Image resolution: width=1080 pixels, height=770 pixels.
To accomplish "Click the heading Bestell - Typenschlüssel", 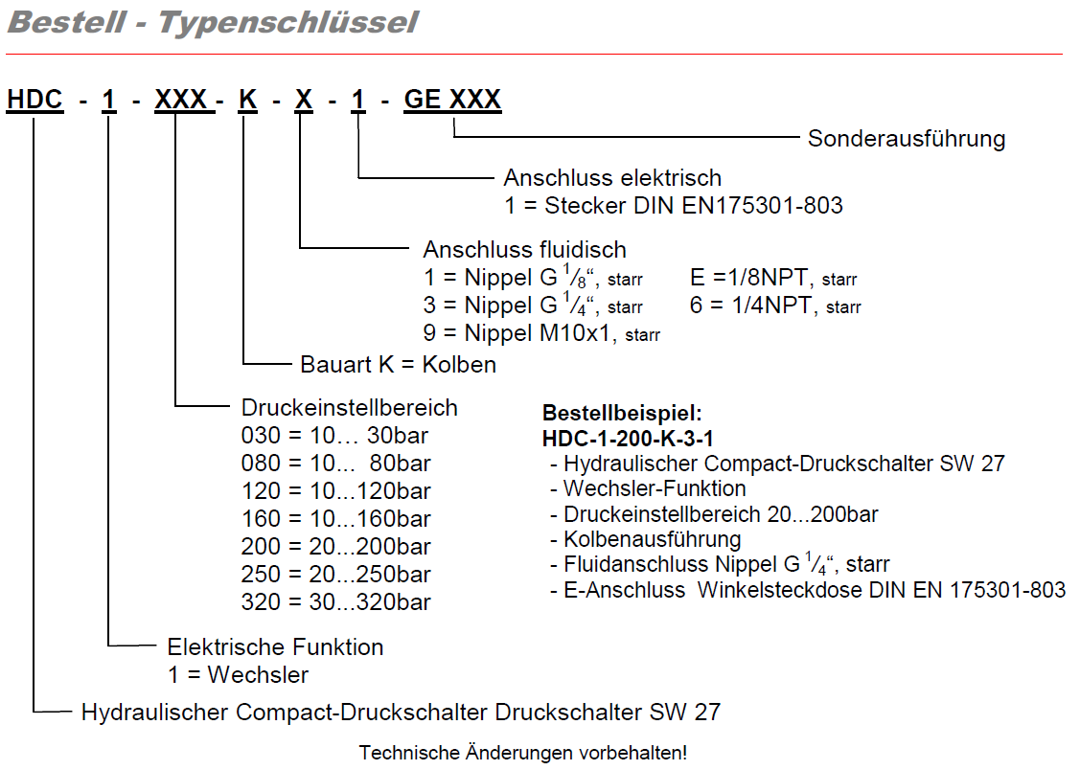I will tap(212, 23).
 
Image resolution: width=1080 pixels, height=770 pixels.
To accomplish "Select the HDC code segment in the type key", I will tap(34, 100).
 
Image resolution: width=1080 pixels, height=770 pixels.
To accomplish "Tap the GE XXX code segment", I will tap(452, 100).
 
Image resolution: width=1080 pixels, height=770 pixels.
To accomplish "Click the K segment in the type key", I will tap(247, 100).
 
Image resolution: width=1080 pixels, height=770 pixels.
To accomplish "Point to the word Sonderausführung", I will tap(907, 139).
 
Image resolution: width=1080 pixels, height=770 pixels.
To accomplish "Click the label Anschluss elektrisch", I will tap(612, 178).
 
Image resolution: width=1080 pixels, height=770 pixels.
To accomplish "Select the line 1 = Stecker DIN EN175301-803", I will tap(674, 206).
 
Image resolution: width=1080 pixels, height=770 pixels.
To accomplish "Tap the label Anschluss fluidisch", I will tap(524, 250).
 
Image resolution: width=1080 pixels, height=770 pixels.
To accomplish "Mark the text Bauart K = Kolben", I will tap(398, 365).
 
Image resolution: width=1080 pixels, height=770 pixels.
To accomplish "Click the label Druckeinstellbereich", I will tap(349, 408).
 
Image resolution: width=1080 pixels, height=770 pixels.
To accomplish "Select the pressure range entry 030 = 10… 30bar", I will tap(334, 436).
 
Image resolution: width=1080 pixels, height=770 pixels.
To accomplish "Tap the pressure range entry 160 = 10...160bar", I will tap(335, 519).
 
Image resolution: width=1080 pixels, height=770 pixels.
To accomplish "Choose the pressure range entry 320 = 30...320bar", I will tap(335, 602).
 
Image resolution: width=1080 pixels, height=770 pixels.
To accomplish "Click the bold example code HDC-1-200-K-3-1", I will tap(628, 440).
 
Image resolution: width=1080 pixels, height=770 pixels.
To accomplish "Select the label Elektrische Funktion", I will tap(275, 647).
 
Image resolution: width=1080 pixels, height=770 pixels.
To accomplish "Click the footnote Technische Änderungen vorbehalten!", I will tap(523, 753).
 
